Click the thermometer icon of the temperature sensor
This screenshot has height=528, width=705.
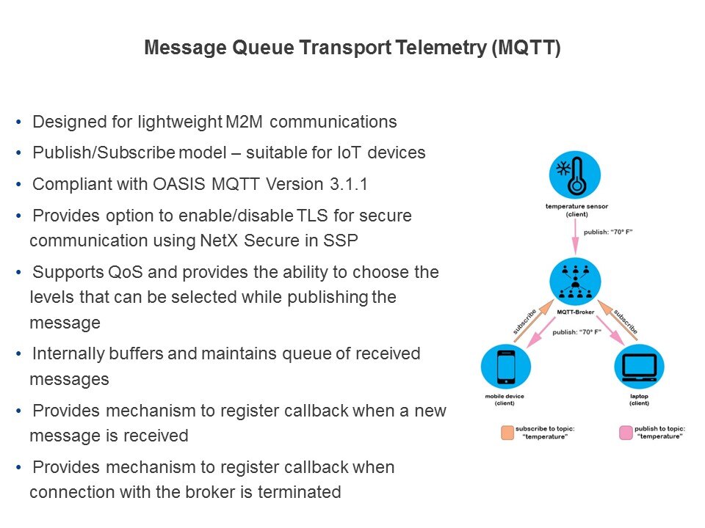point(574,175)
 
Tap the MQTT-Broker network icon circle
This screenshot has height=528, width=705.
point(575,282)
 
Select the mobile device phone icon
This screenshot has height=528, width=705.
point(506,367)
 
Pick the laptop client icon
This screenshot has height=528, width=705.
point(639,367)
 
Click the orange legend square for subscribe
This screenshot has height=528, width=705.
point(507,433)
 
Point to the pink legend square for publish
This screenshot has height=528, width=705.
point(626,433)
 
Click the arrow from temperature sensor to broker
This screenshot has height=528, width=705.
point(575,237)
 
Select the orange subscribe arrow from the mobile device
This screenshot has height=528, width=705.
point(534,320)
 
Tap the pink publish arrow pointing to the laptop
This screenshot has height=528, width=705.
point(610,331)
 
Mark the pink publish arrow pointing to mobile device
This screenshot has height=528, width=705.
point(541,331)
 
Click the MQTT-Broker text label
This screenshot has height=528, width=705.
point(576,312)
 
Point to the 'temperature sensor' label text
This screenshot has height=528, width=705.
point(576,207)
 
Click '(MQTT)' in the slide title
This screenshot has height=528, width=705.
point(526,48)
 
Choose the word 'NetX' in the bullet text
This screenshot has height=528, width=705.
point(219,241)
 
